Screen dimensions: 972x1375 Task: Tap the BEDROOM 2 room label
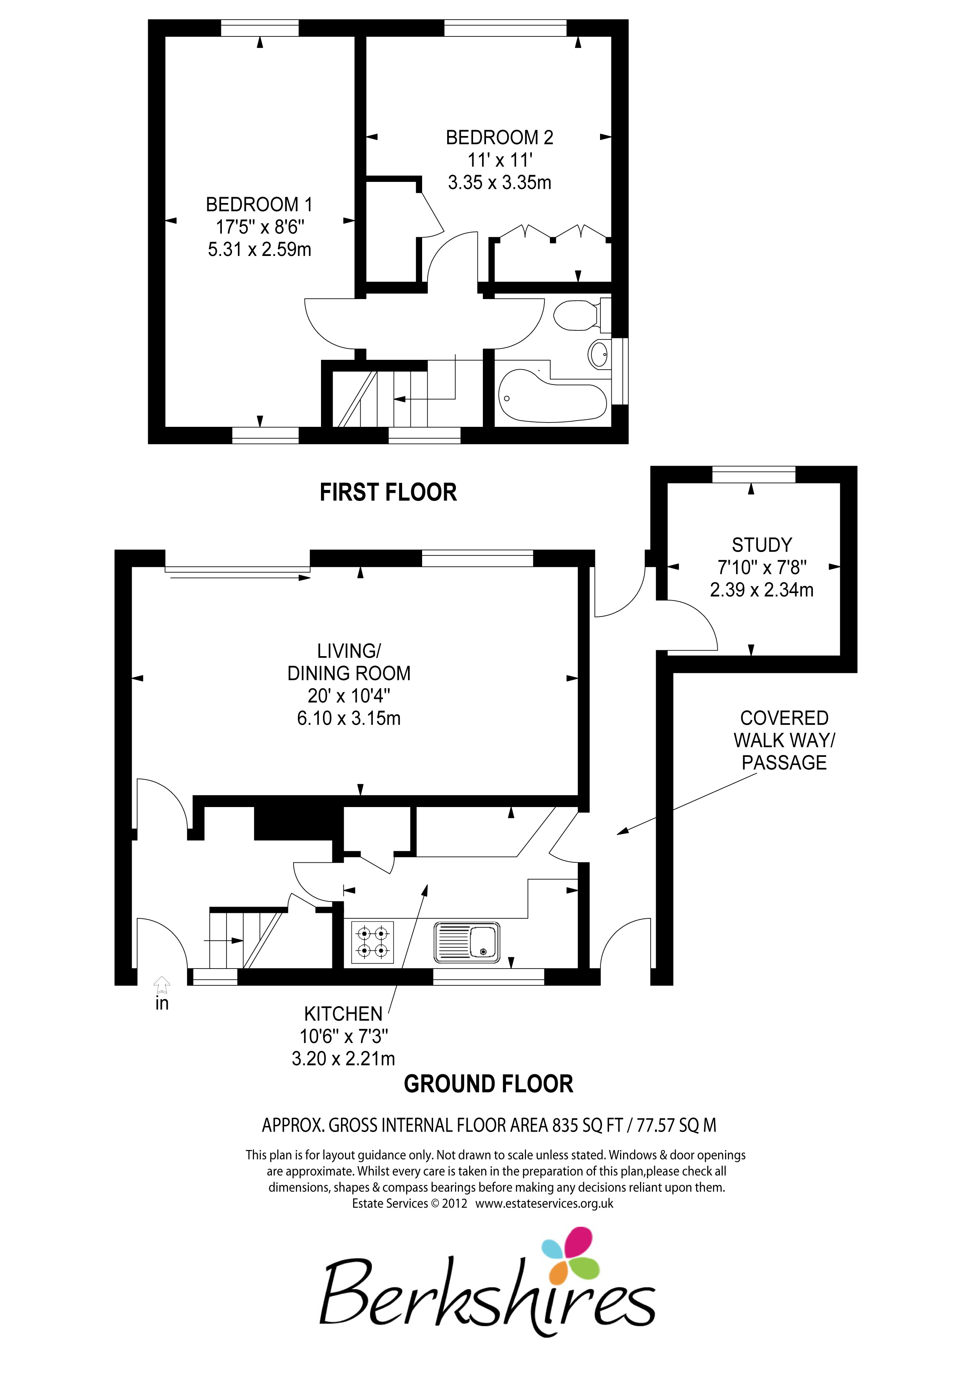[x=499, y=138]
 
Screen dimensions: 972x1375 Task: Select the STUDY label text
[x=762, y=545]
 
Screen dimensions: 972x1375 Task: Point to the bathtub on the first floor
[x=552, y=395]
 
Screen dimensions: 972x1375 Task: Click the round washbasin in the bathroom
[x=599, y=354]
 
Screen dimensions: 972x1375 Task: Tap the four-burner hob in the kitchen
[x=372, y=942]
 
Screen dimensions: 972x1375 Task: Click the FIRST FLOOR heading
[x=388, y=492]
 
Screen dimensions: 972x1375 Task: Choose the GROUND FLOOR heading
[x=489, y=1084]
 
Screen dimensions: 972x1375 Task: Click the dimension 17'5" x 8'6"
[x=260, y=227]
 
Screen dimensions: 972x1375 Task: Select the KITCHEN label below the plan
[x=343, y=1014]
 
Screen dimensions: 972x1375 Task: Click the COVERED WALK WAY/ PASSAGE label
[x=784, y=740]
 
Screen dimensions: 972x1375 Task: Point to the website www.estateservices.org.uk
[x=544, y=1203]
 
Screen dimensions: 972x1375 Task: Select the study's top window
[x=753, y=474]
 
